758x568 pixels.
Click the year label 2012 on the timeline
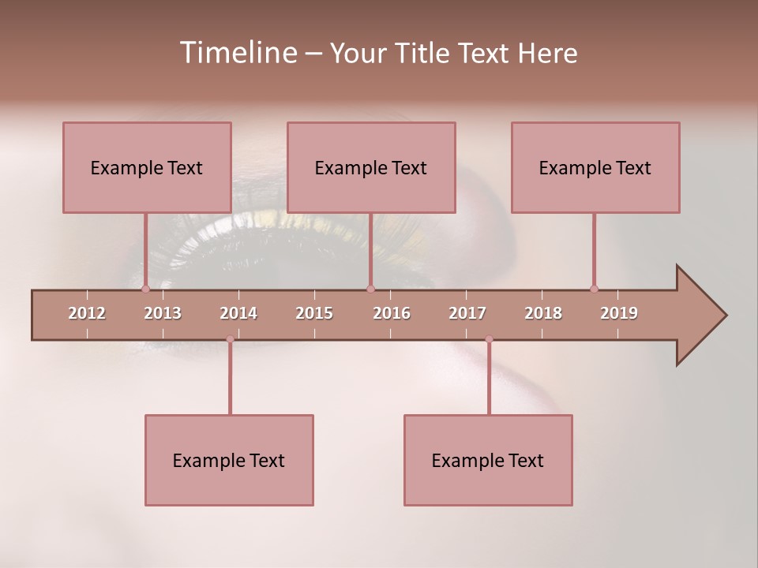click(x=87, y=313)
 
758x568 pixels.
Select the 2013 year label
click(x=163, y=313)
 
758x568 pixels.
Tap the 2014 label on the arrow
click(x=238, y=313)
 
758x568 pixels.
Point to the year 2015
click(x=314, y=313)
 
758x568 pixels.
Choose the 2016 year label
click(x=392, y=313)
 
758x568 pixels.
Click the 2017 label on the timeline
click(x=467, y=313)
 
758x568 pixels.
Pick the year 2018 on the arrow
click(x=543, y=313)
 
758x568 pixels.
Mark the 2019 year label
click(x=619, y=313)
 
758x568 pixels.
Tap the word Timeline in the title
click(x=237, y=53)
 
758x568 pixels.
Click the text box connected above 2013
click(x=147, y=167)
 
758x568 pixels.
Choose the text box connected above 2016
click(x=371, y=167)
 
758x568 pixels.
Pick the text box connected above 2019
click(x=595, y=167)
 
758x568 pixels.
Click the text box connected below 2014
click(x=229, y=460)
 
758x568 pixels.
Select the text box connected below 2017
click(x=488, y=460)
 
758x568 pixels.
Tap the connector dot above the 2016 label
click(x=370, y=289)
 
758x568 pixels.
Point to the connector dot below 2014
click(x=230, y=339)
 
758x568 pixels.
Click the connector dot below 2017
click(x=489, y=339)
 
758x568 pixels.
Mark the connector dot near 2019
click(x=594, y=289)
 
